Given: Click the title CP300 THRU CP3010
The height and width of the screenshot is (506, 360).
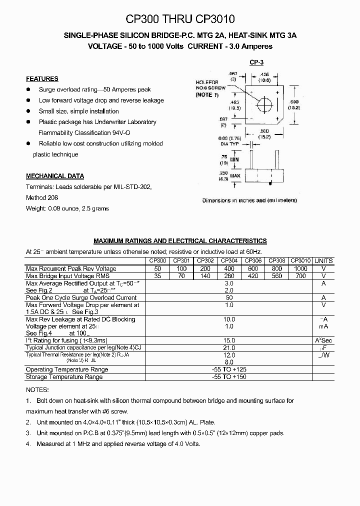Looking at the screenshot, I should pyautogui.click(x=180, y=19).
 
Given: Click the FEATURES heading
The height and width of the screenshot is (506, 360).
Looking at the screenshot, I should pyautogui.click(x=42, y=79).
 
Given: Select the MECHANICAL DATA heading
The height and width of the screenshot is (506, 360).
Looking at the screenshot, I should pyautogui.click(x=55, y=176).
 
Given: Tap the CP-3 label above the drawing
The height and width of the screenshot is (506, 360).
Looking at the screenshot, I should pyautogui.click(x=256, y=63).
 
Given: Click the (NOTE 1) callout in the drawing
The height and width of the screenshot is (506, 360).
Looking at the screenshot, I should pyautogui.click(x=207, y=94).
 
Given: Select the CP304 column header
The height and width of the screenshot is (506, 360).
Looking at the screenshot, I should pyautogui.click(x=229, y=260).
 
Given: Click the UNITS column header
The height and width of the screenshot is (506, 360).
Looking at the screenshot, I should pyautogui.click(x=323, y=261).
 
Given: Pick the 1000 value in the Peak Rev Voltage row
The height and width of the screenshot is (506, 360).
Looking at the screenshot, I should pyautogui.click(x=300, y=268).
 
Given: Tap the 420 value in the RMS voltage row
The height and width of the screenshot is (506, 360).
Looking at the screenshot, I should pyautogui.click(x=253, y=276).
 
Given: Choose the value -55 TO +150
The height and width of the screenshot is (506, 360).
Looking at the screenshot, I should pyautogui.click(x=229, y=377).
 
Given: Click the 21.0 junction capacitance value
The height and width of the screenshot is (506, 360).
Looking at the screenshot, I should pyautogui.click(x=229, y=348).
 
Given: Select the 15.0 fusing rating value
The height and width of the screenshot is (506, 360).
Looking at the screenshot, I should pyautogui.click(x=229, y=341).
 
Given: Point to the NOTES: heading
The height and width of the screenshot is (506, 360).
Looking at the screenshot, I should pyautogui.click(x=37, y=390).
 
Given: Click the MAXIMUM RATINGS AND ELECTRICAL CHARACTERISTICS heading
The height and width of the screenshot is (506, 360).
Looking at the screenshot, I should pyautogui.click(x=180, y=241).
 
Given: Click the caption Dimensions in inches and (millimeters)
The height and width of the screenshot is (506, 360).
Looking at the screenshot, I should pyautogui.click(x=249, y=200).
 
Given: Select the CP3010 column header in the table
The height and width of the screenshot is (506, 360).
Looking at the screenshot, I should pyautogui.click(x=300, y=260).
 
